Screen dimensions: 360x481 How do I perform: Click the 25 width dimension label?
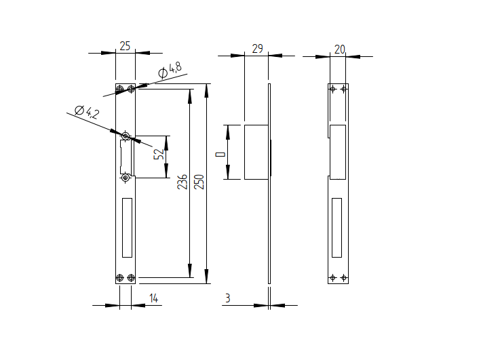point(125,45)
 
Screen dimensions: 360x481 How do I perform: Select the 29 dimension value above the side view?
point(257,48)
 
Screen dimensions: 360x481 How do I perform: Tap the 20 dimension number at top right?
point(339,49)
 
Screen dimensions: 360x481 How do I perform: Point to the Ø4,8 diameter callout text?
point(170,69)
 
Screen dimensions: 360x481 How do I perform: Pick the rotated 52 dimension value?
point(159,154)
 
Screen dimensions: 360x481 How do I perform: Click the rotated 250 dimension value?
point(199,181)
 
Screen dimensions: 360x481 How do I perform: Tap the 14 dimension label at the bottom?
point(153,298)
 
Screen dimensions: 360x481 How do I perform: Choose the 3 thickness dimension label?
point(227,298)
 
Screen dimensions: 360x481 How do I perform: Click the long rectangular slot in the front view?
point(127,228)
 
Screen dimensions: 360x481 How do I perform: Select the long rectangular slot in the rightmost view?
point(337,228)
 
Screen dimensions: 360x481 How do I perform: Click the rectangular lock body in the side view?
point(256,152)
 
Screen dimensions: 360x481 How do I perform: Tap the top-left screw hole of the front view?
point(120,89)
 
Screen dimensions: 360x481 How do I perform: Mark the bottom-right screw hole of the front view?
point(131,278)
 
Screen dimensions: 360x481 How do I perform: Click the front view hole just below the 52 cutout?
point(125,178)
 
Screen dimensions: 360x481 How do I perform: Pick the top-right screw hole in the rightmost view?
point(344,89)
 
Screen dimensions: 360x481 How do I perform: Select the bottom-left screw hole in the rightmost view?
point(332,278)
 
